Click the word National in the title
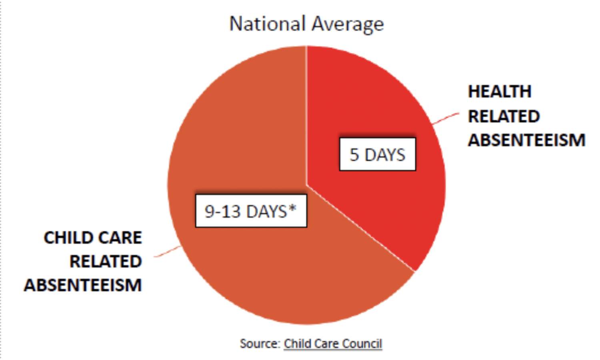[x=267, y=24]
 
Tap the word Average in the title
[x=348, y=24]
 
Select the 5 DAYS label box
[x=377, y=154]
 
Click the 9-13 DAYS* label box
[x=251, y=211]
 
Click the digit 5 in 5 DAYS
[x=354, y=155]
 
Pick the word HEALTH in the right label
[x=500, y=92]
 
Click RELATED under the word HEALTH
[x=504, y=116]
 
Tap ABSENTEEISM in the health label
[x=526, y=140]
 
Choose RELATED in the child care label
[x=106, y=262]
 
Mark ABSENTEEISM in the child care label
[x=83, y=286]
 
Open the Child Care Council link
[x=333, y=344]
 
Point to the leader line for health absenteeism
[x=446, y=118]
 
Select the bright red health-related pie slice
[x=384, y=200]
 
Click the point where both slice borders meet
[x=307, y=185]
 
